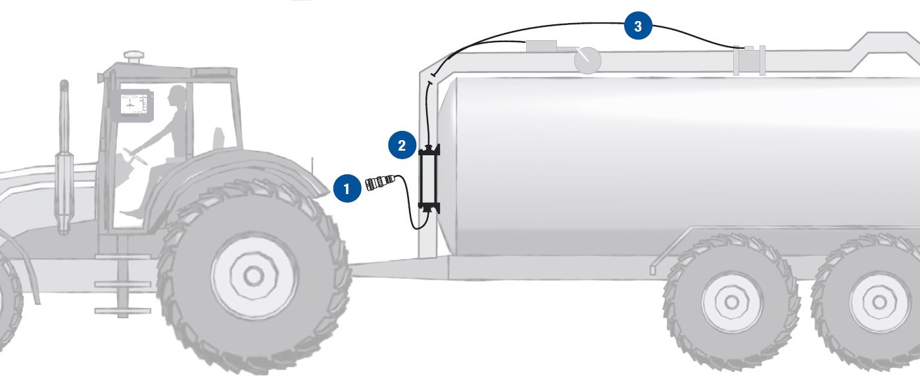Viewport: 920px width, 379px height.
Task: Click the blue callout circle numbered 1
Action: click(x=347, y=189)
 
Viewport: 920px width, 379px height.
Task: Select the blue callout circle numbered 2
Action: click(x=402, y=145)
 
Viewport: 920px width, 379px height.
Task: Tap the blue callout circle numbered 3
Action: click(x=638, y=26)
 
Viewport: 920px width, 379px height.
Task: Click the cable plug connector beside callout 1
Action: click(x=379, y=182)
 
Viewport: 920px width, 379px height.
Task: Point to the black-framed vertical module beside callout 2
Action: click(x=429, y=179)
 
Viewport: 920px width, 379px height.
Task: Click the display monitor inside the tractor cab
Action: click(x=132, y=105)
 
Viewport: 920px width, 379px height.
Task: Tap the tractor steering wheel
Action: click(x=135, y=157)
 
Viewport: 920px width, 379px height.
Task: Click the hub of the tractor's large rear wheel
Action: click(x=253, y=276)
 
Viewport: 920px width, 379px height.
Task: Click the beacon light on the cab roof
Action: click(x=134, y=57)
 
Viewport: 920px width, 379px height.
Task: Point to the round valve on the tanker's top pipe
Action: click(x=587, y=61)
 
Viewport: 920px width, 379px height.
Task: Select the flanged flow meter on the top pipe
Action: click(x=749, y=61)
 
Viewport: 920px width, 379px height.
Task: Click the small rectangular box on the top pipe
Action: click(x=541, y=46)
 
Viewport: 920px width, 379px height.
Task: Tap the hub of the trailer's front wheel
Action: click(x=731, y=302)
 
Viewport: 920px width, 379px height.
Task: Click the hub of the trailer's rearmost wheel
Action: click(x=879, y=302)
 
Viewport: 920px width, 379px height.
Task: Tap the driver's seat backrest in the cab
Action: click(x=218, y=139)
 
